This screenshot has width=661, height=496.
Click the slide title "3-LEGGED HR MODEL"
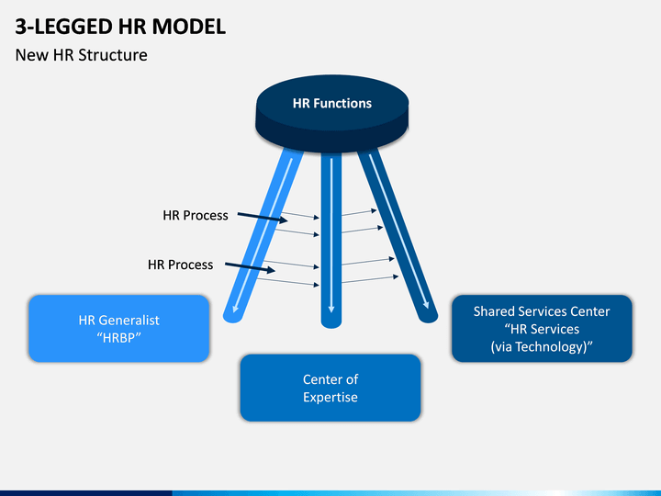tap(120, 27)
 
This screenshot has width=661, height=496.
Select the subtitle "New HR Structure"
tap(82, 55)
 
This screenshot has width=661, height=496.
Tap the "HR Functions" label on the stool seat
tap(332, 103)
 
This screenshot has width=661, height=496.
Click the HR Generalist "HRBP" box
tap(118, 329)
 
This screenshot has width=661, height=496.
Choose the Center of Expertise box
tap(330, 388)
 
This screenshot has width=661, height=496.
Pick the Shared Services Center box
tap(542, 329)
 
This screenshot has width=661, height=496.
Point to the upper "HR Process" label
tap(196, 216)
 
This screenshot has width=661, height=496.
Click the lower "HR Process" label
tap(181, 265)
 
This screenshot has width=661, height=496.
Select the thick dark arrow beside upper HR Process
tap(263, 217)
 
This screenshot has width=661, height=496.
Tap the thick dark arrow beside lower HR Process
tap(250, 267)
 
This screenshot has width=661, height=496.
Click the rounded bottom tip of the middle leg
tap(331, 325)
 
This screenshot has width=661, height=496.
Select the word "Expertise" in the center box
tap(330, 398)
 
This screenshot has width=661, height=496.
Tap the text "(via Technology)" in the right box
tap(542, 346)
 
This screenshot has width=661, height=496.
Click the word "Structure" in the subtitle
tap(113, 55)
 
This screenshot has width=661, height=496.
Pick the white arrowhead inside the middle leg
tap(331, 310)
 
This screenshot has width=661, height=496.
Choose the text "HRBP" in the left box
tap(118, 338)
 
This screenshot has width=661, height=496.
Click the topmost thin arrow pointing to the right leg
tap(359, 212)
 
